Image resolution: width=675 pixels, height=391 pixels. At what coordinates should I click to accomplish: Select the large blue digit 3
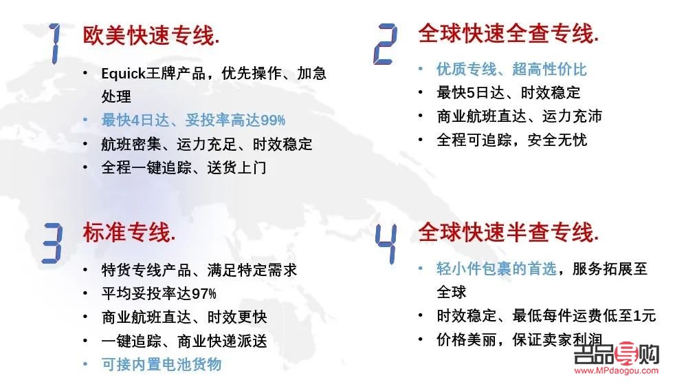click(52, 242)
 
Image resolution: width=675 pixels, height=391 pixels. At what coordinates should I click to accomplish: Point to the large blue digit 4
click(386, 242)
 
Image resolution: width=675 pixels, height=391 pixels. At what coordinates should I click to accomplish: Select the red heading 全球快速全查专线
click(509, 34)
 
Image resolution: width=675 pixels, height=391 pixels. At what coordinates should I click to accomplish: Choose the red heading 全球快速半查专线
click(509, 232)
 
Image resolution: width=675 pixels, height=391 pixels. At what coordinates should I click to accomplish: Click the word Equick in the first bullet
click(123, 74)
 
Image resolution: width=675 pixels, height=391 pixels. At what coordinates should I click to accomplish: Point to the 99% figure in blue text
click(272, 120)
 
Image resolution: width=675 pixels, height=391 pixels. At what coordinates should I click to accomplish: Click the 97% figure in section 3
click(203, 294)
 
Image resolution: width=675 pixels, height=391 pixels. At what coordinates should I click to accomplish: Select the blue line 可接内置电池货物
click(161, 364)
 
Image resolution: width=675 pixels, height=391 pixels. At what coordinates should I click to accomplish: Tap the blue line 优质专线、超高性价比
click(511, 69)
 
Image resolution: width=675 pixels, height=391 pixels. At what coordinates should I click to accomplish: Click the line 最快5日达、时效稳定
click(508, 92)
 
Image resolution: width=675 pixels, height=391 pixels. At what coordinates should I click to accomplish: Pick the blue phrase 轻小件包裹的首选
click(496, 268)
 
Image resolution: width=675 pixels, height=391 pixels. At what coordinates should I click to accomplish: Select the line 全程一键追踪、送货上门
click(183, 167)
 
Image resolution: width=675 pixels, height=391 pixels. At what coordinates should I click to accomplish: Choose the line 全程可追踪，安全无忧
click(511, 140)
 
